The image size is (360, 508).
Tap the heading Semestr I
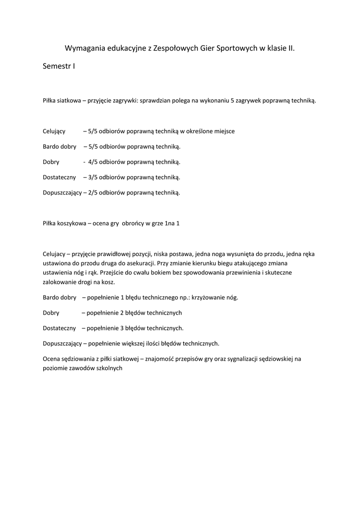coord(59,66)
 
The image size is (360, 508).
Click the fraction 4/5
coord(93,162)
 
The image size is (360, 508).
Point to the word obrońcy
coord(133,223)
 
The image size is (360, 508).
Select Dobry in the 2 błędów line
coord(51,313)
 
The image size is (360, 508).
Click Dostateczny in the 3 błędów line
coord(59,328)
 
